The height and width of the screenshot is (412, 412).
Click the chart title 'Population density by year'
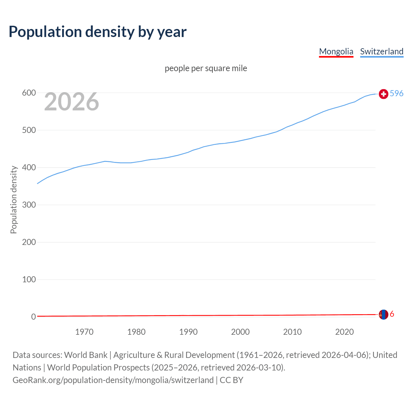[98, 32]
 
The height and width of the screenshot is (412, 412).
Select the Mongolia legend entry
[336, 51]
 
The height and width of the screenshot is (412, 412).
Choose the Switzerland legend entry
[381, 51]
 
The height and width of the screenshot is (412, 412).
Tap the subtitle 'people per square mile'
[206, 68]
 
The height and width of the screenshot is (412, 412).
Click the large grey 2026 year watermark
[71, 102]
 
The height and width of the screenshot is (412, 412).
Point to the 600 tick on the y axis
[29, 93]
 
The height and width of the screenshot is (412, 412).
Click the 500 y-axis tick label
[29, 130]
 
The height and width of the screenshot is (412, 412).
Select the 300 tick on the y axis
[29, 205]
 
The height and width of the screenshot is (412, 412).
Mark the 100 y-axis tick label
[29, 279]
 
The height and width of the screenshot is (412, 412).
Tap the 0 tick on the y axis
[33, 317]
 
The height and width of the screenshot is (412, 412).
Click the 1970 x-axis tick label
[84, 332]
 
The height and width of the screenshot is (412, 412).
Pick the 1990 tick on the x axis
[188, 332]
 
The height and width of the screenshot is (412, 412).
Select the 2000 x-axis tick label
[240, 332]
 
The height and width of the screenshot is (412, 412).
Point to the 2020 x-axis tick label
[344, 332]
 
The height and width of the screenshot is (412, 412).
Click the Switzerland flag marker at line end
[383, 94]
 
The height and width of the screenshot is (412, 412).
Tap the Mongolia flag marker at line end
[383, 314]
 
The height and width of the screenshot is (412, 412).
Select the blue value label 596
[397, 93]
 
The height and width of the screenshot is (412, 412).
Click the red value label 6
[392, 314]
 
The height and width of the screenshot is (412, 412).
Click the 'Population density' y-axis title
[14, 200]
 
